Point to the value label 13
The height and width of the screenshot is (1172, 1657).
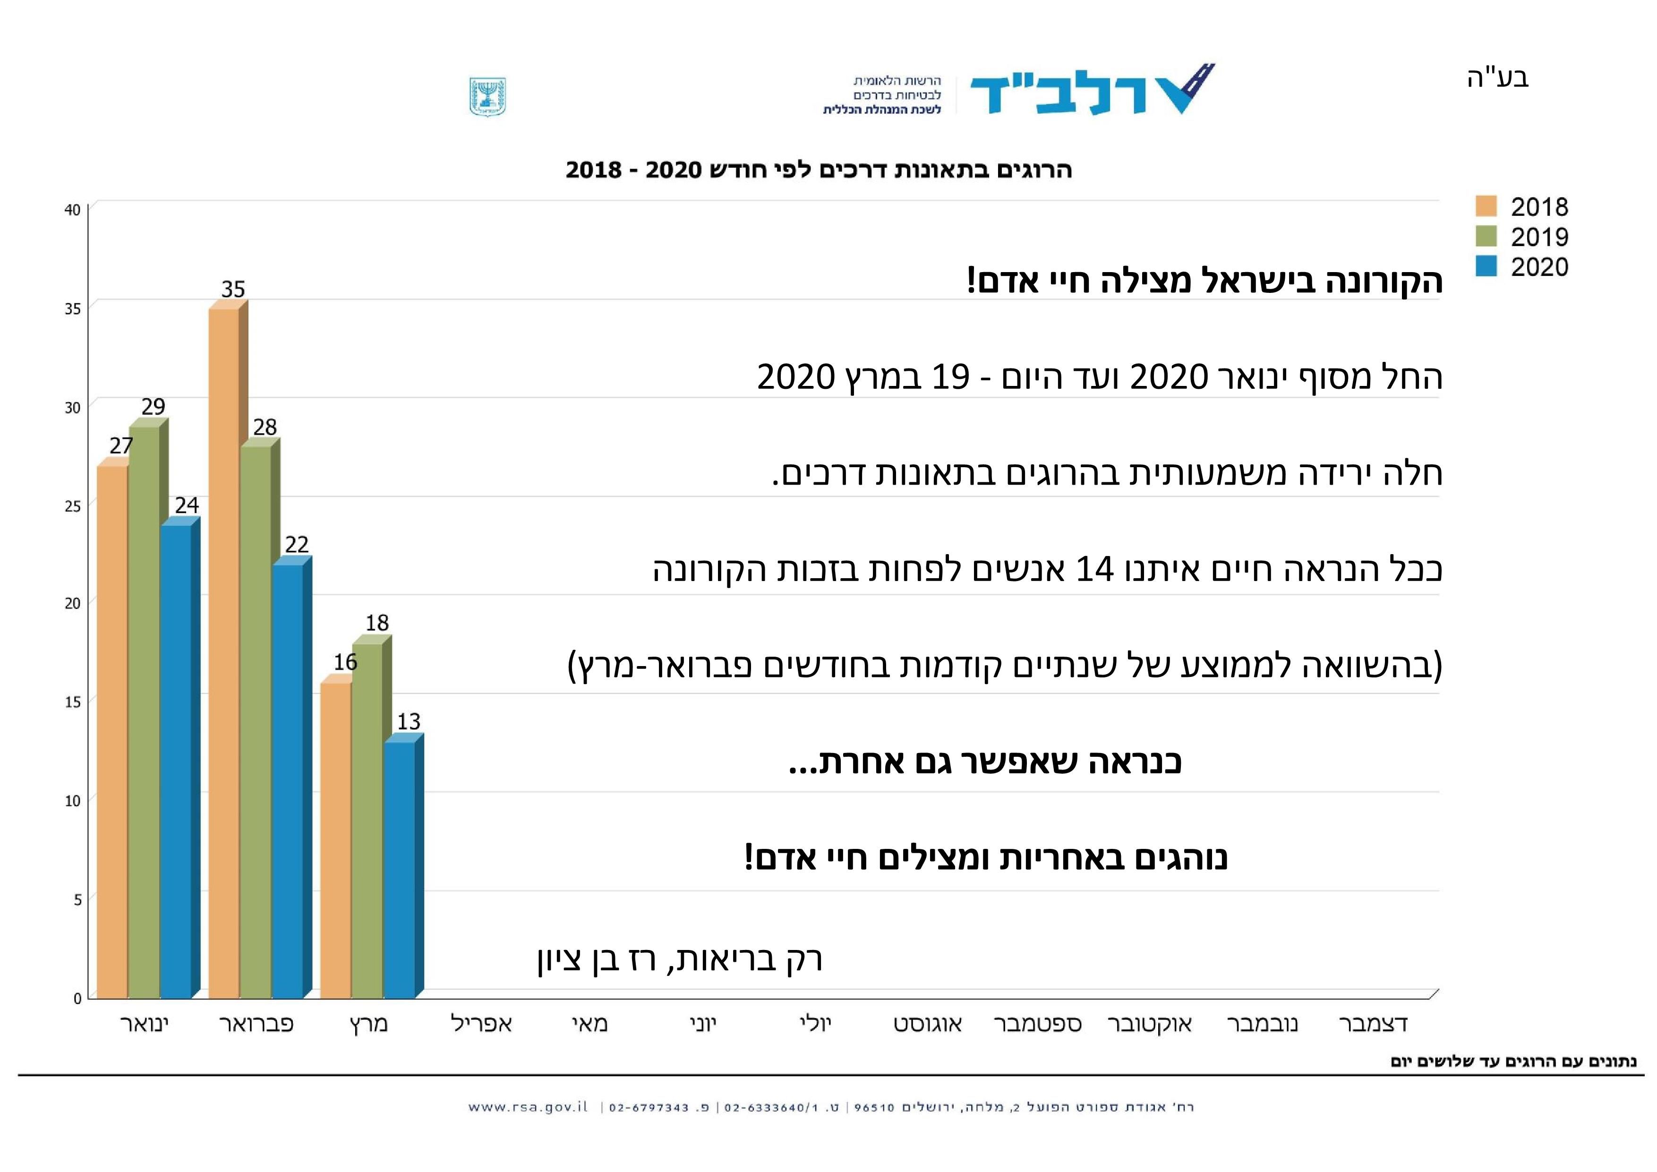pyautogui.click(x=409, y=721)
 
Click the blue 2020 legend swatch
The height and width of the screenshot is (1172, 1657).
pyautogui.click(x=1486, y=266)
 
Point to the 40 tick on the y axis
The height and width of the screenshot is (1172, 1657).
pyautogui.click(x=72, y=210)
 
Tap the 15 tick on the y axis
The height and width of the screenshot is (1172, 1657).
pyautogui.click(x=72, y=701)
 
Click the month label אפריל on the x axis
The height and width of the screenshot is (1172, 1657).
pyautogui.click(x=481, y=1023)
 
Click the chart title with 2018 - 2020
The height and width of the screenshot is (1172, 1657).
pyautogui.click(x=819, y=171)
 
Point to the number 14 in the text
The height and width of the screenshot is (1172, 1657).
pyautogui.click(x=1095, y=569)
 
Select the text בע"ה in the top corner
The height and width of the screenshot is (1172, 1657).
pyautogui.click(x=1498, y=77)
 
